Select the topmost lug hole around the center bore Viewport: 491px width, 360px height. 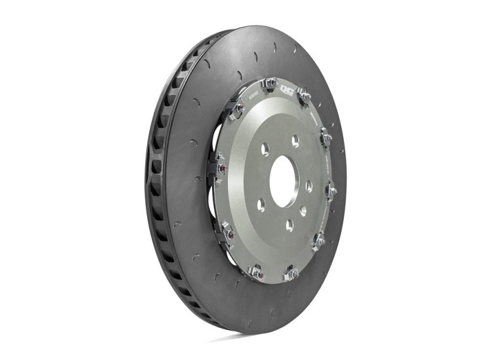click(x=295, y=139)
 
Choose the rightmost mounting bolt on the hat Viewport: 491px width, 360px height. click(x=332, y=190)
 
